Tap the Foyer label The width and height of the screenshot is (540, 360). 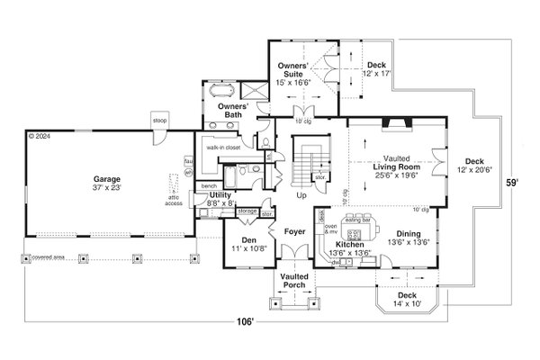click(x=294, y=231)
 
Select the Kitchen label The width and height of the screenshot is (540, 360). click(x=348, y=244)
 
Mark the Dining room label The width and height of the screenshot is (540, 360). click(x=412, y=234)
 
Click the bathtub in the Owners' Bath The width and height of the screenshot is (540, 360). click(x=222, y=92)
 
